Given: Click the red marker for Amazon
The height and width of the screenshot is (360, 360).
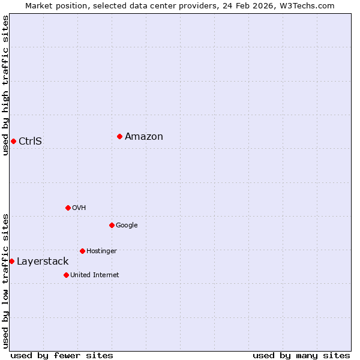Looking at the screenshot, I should (120, 137).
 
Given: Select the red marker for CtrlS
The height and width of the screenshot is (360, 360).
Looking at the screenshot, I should (13, 142).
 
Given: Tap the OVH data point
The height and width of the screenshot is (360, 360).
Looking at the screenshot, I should (68, 208).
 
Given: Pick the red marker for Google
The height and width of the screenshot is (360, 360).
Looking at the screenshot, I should (112, 226).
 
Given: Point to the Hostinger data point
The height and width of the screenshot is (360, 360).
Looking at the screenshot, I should (82, 251).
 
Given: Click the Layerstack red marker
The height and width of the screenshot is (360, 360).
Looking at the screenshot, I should (11, 262).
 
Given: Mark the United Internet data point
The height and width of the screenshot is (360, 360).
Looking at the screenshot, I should (66, 275).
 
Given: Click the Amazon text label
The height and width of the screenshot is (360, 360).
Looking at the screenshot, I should (144, 137).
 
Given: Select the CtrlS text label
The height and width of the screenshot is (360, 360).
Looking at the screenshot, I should (30, 142).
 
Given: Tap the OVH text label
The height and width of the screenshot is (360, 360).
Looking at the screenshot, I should (79, 208).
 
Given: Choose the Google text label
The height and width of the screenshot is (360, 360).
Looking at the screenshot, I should (127, 226).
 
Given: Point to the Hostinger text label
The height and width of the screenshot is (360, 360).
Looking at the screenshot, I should (101, 251).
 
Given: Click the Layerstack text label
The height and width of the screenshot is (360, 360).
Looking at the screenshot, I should (43, 262).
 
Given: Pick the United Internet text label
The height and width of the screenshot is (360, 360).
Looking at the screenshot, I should (94, 275).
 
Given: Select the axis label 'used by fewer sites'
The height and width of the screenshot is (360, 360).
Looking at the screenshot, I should (62, 355).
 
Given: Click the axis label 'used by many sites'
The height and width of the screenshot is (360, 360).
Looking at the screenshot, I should (301, 355).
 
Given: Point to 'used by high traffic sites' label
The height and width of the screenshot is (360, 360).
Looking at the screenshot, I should (5, 85).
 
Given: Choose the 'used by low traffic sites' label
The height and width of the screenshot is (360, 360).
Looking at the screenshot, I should (5, 281).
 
